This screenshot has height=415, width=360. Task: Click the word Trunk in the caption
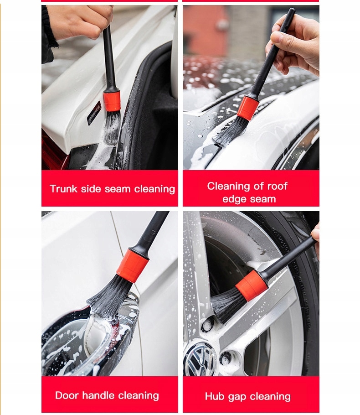pyautogui.click(x=63, y=189)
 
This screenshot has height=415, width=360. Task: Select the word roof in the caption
pyautogui.click(x=277, y=186)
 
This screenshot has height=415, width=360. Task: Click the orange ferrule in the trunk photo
pyautogui.click(x=112, y=101)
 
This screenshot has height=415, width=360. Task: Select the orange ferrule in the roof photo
pyautogui.click(x=247, y=108)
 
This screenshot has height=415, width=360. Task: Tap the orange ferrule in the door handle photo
pyautogui.click(x=133, y=265)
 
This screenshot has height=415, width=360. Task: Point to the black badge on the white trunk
pyautogui.click(x=94, y=113)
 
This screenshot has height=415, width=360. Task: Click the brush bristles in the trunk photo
pyautogui.click(x=112, y=127)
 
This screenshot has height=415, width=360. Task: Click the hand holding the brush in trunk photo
pyautogui.click(x=80, y=21)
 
